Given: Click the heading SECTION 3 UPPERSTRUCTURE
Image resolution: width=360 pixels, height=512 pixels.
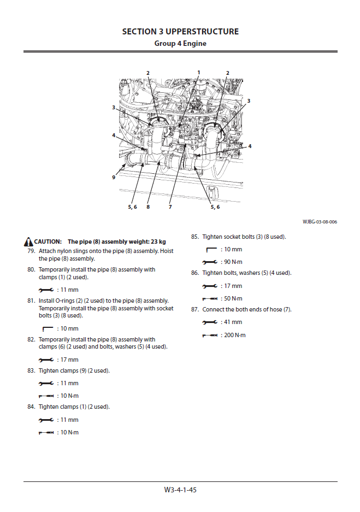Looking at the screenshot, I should [180, 32].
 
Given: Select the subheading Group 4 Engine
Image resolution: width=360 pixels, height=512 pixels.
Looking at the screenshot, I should [180, 43].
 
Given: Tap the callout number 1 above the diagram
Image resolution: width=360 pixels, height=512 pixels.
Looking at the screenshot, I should [199, 72].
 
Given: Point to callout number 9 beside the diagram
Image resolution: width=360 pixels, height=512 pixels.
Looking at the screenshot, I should [114, 177].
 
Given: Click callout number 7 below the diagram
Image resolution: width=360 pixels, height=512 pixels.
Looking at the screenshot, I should [170, 207].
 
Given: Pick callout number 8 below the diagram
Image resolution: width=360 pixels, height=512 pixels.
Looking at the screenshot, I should [148, 207].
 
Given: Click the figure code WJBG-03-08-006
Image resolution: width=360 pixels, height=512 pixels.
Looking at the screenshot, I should [320, 222].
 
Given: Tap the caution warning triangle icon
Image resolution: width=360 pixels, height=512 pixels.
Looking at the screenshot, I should [28, 242].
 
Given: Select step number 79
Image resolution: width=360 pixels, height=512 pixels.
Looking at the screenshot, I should [31, 250].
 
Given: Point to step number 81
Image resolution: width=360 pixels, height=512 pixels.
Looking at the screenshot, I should [31, 301].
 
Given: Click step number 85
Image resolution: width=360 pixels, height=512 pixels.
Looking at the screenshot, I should [194, 237].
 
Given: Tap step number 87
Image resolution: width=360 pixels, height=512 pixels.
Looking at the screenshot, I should [194, 309].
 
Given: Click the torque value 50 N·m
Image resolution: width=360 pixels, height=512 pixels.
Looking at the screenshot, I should [233, 298].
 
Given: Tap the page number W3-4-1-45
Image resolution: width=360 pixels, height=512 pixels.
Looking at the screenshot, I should [180, 490].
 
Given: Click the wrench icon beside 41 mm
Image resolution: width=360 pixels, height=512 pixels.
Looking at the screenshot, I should [210, 322].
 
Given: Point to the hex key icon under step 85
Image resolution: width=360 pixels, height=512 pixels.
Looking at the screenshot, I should [211, 249].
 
